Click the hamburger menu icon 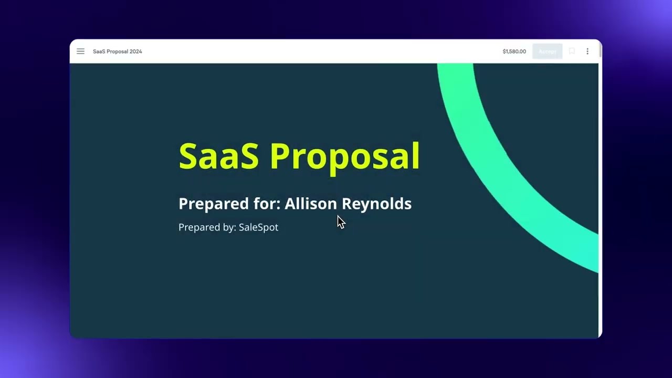(80, 51)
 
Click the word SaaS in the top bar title (99, 51)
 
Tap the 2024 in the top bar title (135, 51)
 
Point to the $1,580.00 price (514, 51)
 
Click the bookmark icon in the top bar (572, 51)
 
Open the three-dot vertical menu (587, 51)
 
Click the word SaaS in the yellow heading (218, 156)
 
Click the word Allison (311, 204)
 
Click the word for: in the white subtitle (267, 204)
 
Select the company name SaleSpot (258, 227)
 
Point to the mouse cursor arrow (341, 222)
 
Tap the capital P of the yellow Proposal (280, 156)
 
